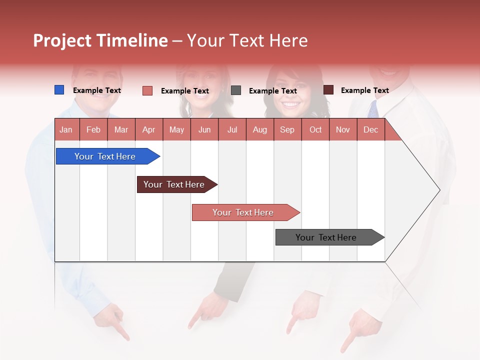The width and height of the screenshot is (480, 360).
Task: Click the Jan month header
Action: click(x=66, y=129)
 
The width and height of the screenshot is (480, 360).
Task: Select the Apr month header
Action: click(x=148, y=129)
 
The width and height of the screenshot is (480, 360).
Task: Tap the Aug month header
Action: click(x=259, y=129)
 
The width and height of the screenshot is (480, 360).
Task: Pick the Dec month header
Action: click(x=370, y=129)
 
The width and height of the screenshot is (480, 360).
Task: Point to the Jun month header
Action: click(x=204, y=129)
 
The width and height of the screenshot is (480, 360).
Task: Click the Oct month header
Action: click(x=315, y=129)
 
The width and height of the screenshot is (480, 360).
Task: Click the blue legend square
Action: click(x=59, y=90)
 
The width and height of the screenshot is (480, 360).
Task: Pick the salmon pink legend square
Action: click(x=147, y=90)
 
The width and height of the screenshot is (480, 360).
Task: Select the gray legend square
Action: click(x=236, y=90)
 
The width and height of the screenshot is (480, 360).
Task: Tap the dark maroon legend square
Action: click(x=328, y=90)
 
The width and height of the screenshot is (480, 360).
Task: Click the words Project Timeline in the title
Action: click(x=100, y=40)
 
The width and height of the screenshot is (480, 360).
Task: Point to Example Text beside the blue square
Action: click(x=97, y=90)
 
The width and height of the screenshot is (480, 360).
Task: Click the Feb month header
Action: click(x=93, y=129)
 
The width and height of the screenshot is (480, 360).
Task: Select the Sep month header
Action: click(x=287, y=129)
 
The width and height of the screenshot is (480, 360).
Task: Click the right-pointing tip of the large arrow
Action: click(x=438, y=190)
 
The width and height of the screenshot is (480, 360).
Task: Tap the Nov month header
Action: click(x=342, y=129)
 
